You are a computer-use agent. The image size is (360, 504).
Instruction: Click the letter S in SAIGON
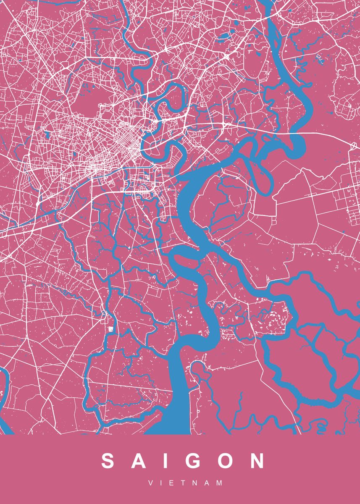tap(108, 461)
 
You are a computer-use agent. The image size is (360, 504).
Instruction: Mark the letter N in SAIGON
tap(257, 461)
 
